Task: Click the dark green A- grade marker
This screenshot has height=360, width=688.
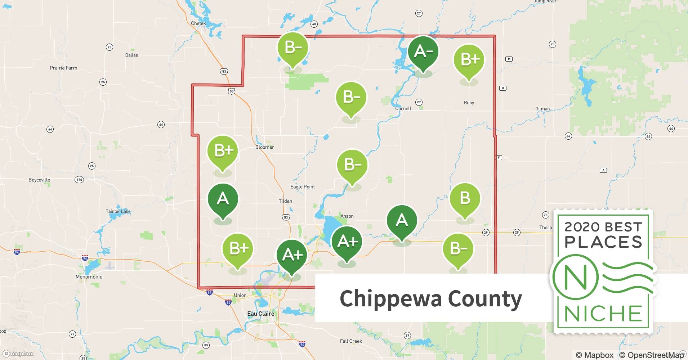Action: point(423,52)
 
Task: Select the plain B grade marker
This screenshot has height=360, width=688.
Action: point(465,198)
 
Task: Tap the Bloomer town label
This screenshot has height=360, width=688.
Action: point(264,147)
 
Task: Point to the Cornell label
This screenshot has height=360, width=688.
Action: point(403,108)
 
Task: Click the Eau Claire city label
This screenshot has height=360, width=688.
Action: point(260,314)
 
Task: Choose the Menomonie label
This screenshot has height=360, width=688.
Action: point(89,277)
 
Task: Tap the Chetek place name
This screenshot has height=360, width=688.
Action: point(198,23)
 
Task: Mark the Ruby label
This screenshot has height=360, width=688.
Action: point(469,103)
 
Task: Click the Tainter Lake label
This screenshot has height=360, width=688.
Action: point(118,211)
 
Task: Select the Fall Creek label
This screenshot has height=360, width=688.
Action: point(351,341)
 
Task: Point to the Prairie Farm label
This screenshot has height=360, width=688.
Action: point(63,68)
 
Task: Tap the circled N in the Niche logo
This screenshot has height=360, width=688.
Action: point(575,278)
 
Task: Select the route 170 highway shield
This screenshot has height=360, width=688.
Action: point(79,180)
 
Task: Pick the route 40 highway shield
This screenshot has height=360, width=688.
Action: point(314,24)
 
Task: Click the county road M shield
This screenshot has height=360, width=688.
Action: point(509,59)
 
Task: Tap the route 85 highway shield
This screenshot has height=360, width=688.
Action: point(206,345)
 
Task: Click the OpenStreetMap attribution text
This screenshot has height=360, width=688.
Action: point(651,355)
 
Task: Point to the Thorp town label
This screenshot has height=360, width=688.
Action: point(545,228)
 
